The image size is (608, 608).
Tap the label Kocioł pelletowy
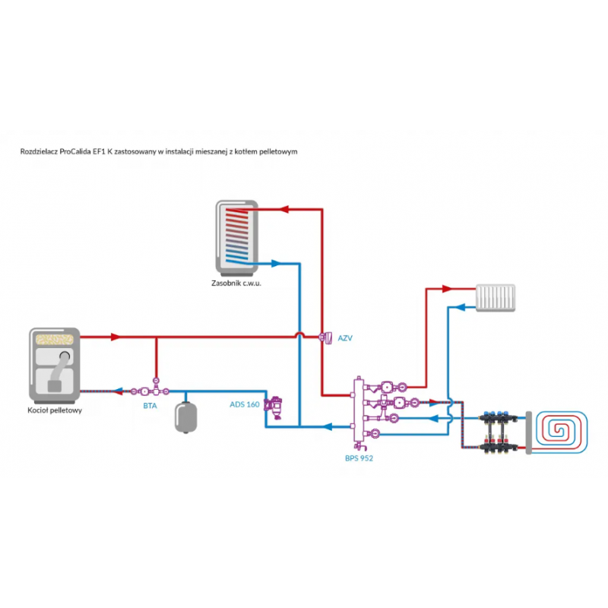[x=54, y=411]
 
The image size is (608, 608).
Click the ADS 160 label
[x=245, y=404]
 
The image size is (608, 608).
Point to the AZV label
[x=345, y=337]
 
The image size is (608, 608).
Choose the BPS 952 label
[x=359, y=458]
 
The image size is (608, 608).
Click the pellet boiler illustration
[x=54, y=366]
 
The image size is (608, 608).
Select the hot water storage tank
[x=237, y=237]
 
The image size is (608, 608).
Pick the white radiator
[x=496, y=298]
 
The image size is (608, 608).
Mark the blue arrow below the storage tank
[x=277, y=264]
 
